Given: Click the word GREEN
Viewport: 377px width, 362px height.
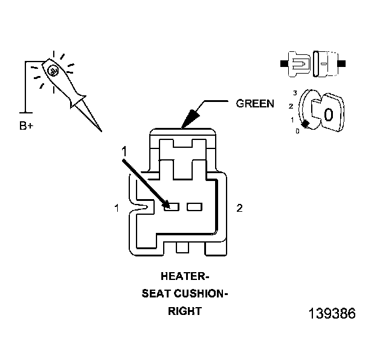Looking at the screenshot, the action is pos(255,103).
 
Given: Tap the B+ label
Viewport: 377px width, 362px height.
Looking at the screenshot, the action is pos(26,125).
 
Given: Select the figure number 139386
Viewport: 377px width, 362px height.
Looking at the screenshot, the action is pos(332,313).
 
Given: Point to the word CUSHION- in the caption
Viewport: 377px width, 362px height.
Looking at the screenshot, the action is pos(201,293).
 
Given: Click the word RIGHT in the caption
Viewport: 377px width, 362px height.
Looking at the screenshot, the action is pos(185,311).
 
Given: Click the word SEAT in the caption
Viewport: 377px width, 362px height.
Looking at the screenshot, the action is pos(156,293).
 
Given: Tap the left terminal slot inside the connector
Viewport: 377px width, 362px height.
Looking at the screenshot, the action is pos(172,207).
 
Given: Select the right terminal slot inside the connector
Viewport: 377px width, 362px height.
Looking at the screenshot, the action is pos(195,207).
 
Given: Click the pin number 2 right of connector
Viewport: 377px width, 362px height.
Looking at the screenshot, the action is pos(239,208).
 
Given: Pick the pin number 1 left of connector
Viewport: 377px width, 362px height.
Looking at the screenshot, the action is pos(117,208).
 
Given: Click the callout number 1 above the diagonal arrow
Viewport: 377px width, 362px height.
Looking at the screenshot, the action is pos(124,151).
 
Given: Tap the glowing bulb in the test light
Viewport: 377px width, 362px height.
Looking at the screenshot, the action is pos(53,71).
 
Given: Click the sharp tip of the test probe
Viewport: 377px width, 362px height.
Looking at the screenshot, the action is pos(101,132).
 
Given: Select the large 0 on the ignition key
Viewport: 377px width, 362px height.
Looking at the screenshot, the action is pos(329,115).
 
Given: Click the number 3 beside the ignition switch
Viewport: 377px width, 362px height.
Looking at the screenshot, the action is pos(295,93).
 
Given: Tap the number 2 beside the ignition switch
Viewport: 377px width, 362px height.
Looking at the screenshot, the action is pos(291,106).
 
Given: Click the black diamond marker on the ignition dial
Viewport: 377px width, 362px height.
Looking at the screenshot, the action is pos(305,124).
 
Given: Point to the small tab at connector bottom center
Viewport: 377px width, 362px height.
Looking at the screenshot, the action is pos(182,247).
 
